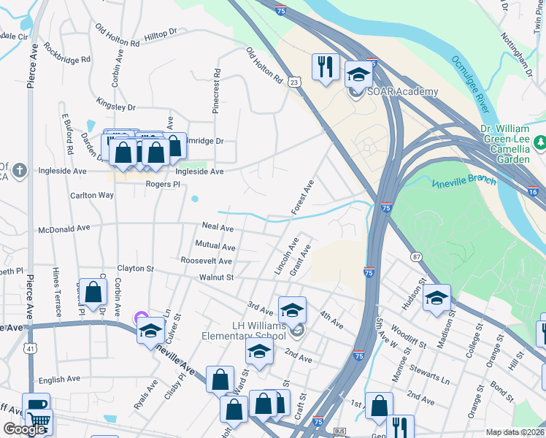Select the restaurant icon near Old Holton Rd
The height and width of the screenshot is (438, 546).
(x=324, y=67)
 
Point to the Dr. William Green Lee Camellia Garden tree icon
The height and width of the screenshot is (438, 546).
(x=540, y=141)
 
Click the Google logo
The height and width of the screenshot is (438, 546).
(x=24, y=429)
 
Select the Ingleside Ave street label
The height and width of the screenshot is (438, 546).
(x=199, y=172)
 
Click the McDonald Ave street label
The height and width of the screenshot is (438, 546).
(x=64, y=228)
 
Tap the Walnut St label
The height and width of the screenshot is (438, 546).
(x=215, y=277)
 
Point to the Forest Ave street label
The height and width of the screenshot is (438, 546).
(x=303, y=197)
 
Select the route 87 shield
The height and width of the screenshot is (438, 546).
(x=416, y=256)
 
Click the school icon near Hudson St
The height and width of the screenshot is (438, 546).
(x=437, y=298)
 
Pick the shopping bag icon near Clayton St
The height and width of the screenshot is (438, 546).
(x=94, y=293)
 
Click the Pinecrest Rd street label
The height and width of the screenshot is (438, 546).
(x=216, y=91)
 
